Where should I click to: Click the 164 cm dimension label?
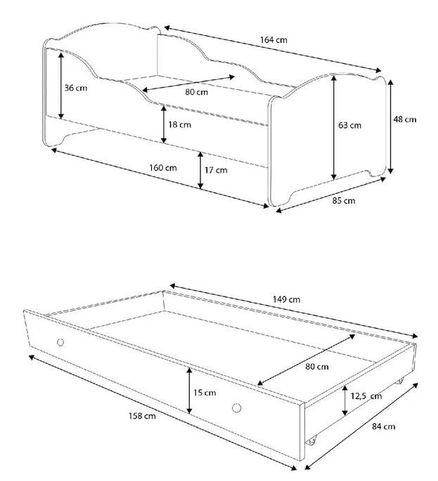(x=273, y=40)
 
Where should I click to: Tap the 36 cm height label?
(x=76, y=88)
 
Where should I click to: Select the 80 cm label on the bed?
(x=197, y=92)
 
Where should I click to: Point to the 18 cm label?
(x=180, y=124)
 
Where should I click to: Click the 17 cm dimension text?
(x=217, y=170)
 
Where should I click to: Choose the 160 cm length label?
(x=163, y=168)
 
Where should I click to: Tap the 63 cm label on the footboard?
(x=350, y=125)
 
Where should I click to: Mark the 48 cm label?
(x=405, y=119)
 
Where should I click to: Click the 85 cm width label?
(x=344, y=201)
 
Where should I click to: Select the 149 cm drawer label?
(x=287, y=299)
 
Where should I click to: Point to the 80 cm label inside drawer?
(x=317, y=367)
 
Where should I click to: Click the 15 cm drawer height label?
(x=205, y=393)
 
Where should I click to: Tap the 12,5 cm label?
(x=366, y=396)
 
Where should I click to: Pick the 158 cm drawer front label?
(x=142, y=416)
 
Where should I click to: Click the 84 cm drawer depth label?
(x=384, y=426)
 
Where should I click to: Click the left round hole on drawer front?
(x=60, y=343)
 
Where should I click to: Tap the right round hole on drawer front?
(x=236, y=408)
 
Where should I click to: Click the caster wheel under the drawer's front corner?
(x=311, y=441)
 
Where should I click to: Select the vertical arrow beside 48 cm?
(x=390, y=126)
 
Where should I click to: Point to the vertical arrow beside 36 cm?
(x=61, y=86)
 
